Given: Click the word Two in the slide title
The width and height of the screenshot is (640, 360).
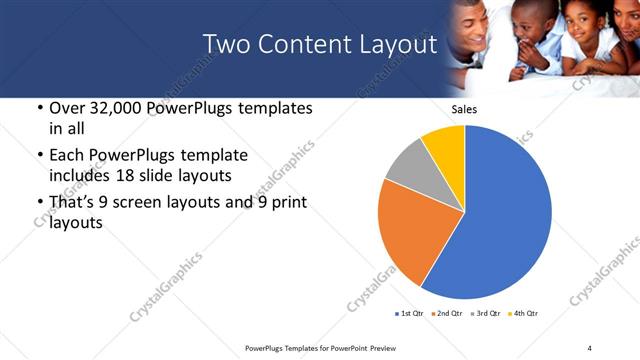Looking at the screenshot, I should coord(224,44).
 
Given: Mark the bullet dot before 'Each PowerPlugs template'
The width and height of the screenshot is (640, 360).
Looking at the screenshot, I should coord(38,155).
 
